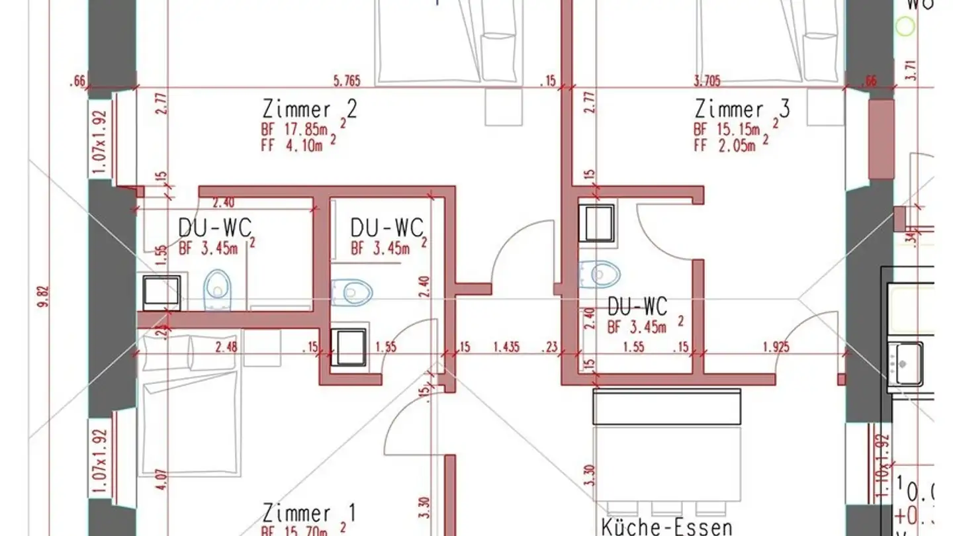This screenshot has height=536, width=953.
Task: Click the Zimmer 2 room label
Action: coord(309,109)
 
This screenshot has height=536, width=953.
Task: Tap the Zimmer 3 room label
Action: coord(741,109)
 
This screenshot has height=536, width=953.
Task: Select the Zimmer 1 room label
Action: coord(309,513)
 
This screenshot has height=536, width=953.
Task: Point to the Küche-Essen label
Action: coord(666,527)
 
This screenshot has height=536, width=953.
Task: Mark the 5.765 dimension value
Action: coord(347,81)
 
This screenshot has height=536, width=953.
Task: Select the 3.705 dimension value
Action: coord(707,81)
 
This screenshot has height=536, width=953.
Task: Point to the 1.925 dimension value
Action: coord(776,346)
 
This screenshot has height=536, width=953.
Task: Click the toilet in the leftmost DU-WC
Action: coord(218,289)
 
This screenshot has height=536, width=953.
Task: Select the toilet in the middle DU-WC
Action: coord(353,291)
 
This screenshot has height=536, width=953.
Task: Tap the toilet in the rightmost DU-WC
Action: coord(600,273)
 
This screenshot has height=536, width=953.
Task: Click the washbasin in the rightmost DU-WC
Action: coord(596,223)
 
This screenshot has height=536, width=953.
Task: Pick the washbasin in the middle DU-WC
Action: coord(348,347)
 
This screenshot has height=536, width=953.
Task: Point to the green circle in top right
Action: coord(905,26)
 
